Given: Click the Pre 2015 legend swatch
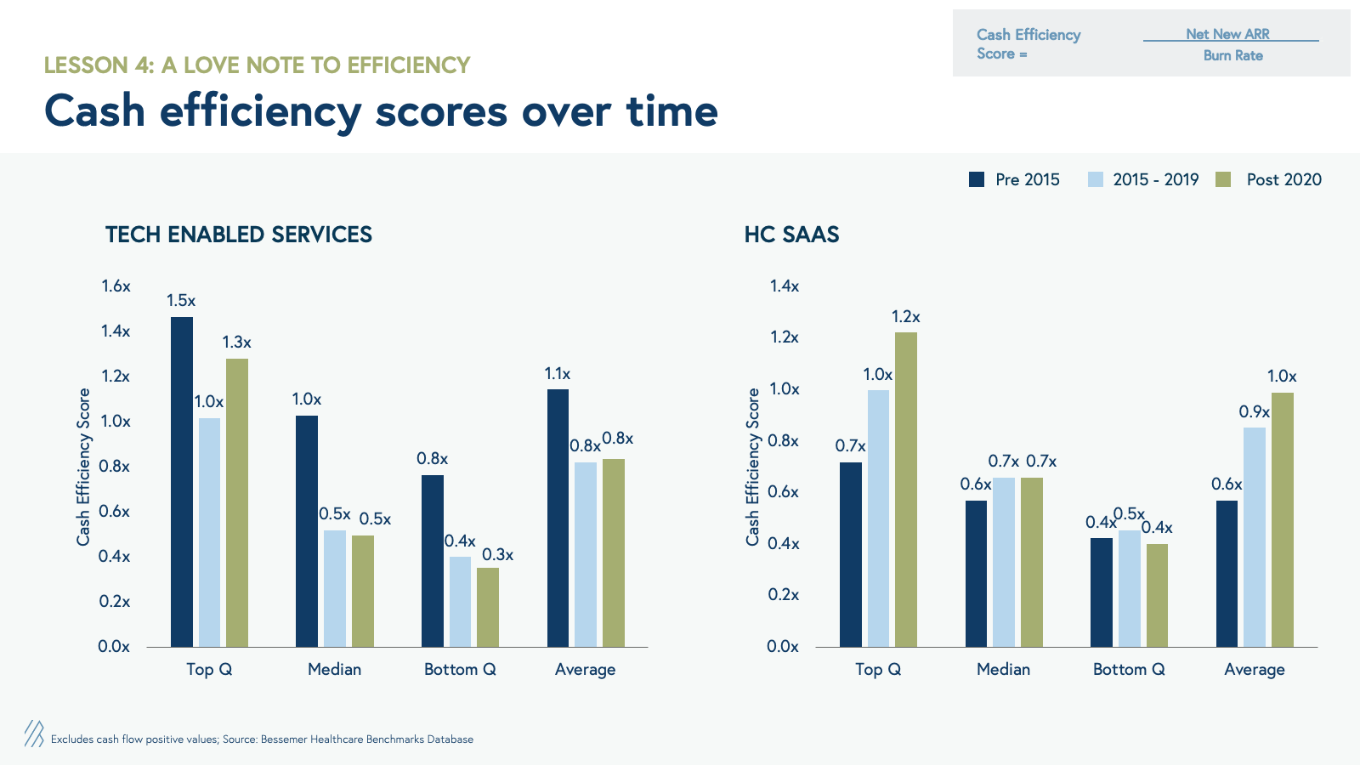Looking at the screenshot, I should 977,179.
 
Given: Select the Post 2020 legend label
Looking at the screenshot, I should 1283,179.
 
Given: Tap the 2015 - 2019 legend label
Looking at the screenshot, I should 1155,179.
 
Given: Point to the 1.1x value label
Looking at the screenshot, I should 558,374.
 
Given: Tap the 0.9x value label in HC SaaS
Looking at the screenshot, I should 1254,412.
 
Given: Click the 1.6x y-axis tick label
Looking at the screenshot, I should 116,286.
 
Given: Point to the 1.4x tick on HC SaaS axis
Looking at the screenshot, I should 785,286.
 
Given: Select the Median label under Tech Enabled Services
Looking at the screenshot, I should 334,670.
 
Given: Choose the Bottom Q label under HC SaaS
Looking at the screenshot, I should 1129,670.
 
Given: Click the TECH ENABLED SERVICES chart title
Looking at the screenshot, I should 239,235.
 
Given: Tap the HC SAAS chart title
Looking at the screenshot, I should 791,235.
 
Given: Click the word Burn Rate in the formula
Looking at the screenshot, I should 1232,55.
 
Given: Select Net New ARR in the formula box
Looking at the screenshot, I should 1227,34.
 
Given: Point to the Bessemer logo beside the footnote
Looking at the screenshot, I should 34,734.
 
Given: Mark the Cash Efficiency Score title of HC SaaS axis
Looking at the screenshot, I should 752,467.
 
